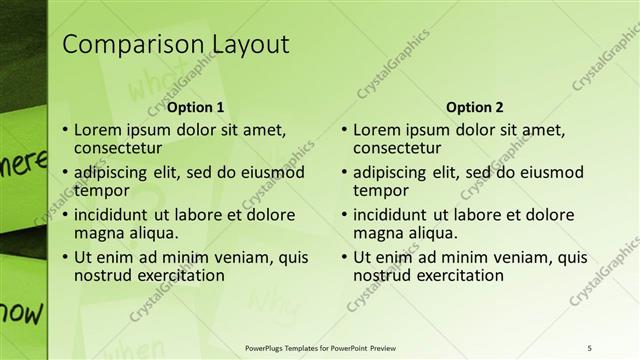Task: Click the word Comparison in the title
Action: point(131,45)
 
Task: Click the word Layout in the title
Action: point(250,45)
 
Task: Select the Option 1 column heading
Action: point(195,107)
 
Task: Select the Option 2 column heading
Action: point(475,107)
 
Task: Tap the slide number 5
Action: point(590,347)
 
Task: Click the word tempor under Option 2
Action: point(381,190)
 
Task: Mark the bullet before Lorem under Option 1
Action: point(65,130)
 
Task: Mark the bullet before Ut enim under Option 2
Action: point(344,257)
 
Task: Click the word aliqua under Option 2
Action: point(431,233)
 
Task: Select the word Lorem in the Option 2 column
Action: point(378,129)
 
